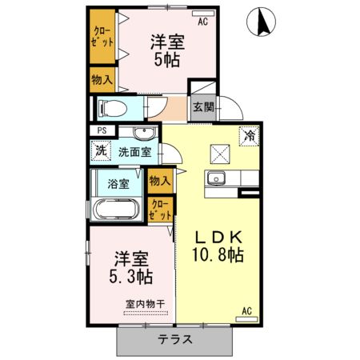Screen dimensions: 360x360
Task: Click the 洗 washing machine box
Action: tap(100, 150)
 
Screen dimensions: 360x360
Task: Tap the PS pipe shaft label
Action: tap(102, 130)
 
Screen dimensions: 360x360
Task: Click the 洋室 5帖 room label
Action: tap(167, 50)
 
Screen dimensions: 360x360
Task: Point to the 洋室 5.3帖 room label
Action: tap(132, 269)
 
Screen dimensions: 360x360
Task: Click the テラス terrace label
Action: tap(175, 339)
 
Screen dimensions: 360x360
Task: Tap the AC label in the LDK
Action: tap(246, 310)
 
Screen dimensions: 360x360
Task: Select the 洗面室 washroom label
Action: tap(134, 150)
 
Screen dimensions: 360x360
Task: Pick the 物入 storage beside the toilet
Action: tap(102, 79)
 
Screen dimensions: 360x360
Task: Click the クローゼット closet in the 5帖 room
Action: tap(102, 38)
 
